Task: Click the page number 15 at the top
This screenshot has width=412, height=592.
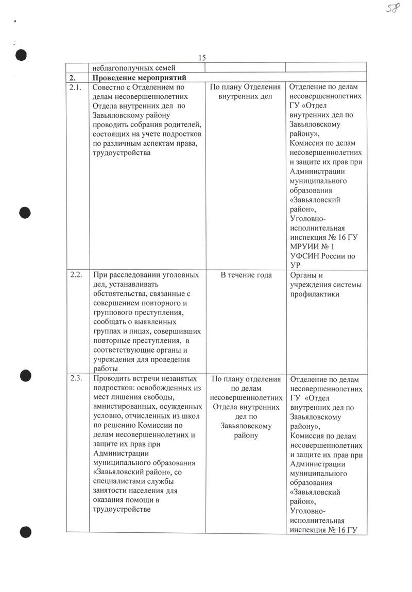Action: (x=202, y=58)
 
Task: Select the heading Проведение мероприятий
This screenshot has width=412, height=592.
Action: (x=139, y=77)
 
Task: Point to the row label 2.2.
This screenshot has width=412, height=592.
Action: (x=76, y=275)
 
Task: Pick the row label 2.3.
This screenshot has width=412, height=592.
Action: (x=76, y=379)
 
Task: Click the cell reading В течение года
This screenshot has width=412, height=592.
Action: (x=246, y=275)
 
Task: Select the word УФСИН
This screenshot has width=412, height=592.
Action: (x=306, y=256)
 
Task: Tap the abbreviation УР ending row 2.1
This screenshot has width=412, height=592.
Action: (x=296, y=265)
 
